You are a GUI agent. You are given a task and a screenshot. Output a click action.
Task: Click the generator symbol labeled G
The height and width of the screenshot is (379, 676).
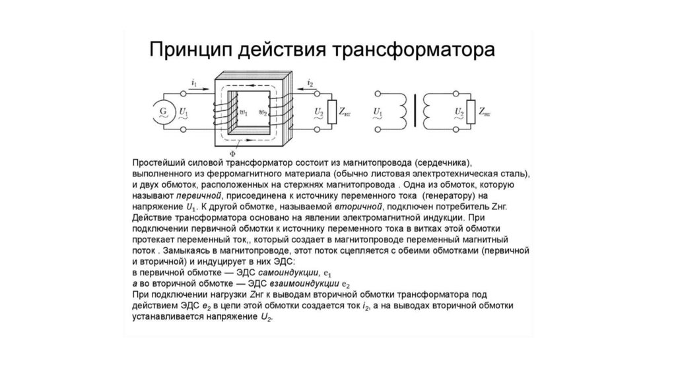coord(160,113)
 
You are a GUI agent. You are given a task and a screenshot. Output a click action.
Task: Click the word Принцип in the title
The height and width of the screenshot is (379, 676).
coord(191,52)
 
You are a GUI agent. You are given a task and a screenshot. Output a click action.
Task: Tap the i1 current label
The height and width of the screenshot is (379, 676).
coord(193,82)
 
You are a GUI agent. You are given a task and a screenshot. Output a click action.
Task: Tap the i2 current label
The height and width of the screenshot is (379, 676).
coord(310,82)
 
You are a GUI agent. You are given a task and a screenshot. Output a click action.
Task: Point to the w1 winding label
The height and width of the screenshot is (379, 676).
coord(244,112)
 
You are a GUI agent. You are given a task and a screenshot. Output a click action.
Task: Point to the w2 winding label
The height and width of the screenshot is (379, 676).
coord(263,112)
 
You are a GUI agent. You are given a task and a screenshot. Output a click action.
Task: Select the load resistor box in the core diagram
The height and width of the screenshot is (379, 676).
coord(333,113)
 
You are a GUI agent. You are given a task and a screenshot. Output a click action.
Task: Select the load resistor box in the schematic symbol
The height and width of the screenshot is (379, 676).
coord(471,109)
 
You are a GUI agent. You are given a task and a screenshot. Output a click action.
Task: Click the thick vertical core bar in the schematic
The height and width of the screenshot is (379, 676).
coord(414,109)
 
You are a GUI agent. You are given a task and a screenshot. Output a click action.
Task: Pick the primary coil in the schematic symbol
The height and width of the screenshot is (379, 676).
coord(401,109)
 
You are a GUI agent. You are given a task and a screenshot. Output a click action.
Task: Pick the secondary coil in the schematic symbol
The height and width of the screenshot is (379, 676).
coord(427,109)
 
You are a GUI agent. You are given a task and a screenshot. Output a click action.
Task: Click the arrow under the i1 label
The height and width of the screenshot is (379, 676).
coord(193,88)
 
